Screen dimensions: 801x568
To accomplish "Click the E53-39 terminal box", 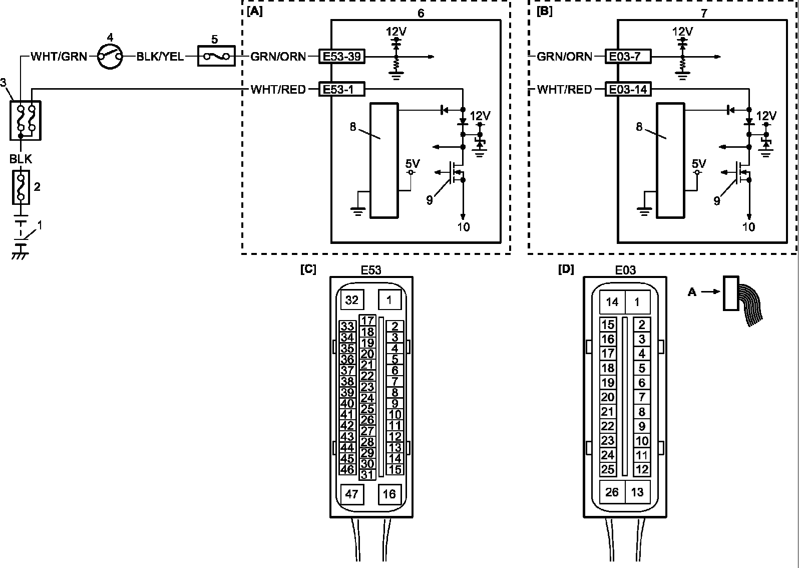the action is [x=342, y=57].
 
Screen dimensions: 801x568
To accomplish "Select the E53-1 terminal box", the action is [x=342, y=89].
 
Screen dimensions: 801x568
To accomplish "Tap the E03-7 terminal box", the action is [x=628, y=57].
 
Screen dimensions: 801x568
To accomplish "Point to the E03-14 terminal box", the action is [x=628, y=89].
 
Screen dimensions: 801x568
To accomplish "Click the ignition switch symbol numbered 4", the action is [x=110, y=57].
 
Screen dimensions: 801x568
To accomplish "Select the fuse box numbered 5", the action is [x=216, y=56].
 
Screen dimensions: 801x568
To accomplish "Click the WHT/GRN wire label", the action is [x=59, y=57].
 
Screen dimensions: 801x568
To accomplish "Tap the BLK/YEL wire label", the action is [x=160, y=57].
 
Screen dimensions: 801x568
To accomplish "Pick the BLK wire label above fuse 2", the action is [x=21, y=159].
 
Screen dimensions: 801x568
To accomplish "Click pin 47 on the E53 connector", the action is [x=352, y=494].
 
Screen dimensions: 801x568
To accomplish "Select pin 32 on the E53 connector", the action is [x=352, y=300].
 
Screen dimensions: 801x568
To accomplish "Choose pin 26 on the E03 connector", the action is [x=612, y=492].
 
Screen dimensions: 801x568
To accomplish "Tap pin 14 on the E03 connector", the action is [x=612, y=302].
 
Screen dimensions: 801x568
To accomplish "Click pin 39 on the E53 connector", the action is [x=347, y=392].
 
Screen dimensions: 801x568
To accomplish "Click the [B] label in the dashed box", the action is [x=544, y=12].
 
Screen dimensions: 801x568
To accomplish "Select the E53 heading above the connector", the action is [x=371, y=270].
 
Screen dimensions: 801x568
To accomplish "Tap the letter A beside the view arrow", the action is [x=692, y=292].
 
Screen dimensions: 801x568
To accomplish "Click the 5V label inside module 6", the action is [x=413, y=164].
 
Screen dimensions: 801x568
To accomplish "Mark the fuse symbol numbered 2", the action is [x=21, y=187].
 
